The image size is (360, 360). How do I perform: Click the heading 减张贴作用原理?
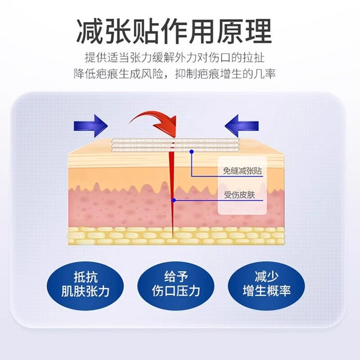click(x=174, y=31)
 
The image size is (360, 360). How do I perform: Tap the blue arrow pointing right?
click(x=91, y=126)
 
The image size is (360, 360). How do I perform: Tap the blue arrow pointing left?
click(x=242, y=126)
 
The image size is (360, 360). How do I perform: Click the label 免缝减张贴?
click(x=243, y=171)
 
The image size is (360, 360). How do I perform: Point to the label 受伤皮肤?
click(x=240, y=195)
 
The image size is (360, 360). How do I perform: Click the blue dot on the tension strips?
click(x=192, y=152)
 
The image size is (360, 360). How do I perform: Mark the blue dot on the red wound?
click(x=174, y=200)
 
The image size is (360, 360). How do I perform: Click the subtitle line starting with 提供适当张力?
click(x=175, y=58)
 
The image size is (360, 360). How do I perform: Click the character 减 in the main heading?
click(x=90, y=31)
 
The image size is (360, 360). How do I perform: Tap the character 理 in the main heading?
click(x=258, y=31)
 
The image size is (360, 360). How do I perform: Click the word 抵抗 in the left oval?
click(x=85, y=277)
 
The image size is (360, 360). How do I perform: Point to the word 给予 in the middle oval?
click(x=176, y=276)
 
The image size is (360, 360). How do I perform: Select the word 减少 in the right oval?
click(x=267, y=276)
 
